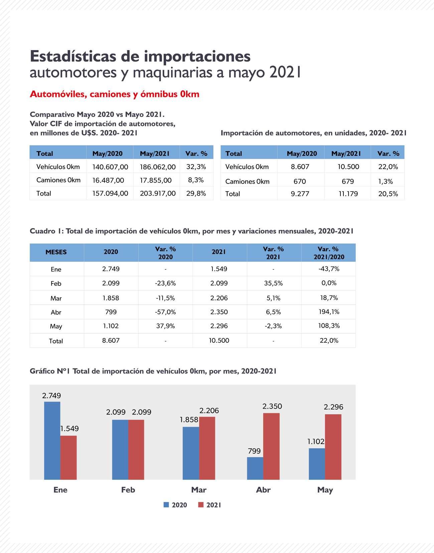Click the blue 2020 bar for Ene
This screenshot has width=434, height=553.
coord(52,440)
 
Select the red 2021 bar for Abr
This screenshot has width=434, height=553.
coord(271,446)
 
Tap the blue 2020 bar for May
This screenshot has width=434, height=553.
coord(317,464)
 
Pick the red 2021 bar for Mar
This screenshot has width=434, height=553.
coord(207,448)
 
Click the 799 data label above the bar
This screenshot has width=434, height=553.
coord(254,451)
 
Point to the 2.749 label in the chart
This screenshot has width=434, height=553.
coord(51,396)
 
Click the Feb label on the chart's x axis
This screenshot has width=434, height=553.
coord(128,490)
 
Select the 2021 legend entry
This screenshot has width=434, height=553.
coord(210,505)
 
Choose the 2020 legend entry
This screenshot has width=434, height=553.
coord(175,505)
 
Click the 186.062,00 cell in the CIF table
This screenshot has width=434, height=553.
coord(157,167)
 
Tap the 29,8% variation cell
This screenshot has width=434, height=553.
coord(196,193)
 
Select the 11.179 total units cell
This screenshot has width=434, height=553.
coord(348,194)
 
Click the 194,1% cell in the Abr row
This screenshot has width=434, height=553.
coord(329,312)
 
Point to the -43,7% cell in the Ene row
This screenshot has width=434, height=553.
coord(329,269)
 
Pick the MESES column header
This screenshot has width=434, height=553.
coord(56,252)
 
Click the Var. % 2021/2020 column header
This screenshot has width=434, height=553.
coord(329,253)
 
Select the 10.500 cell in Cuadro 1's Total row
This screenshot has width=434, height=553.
coord(219,340)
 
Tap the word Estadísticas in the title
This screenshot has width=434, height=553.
coord(73,56)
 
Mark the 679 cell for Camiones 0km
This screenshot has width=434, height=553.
coord(347,181)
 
